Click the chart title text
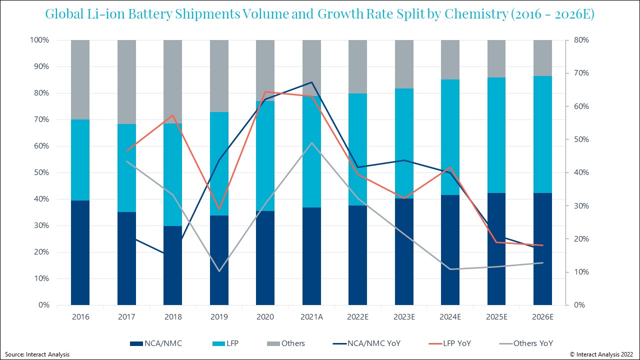click(319, 14)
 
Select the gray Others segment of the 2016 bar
click(80, 79)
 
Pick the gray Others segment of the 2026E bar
click(542, 58)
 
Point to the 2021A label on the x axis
click(311, 316)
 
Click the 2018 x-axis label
click(172, 316)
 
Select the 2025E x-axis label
click(496, 316)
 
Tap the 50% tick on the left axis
click(40, 172)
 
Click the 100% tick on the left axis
click(39, 40)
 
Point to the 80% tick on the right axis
click(580, 40)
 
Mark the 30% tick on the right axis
click(580, 205)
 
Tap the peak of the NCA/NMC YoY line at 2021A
click(311, 82)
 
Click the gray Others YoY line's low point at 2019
click(219, 271)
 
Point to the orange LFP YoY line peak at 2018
click(172, 115)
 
